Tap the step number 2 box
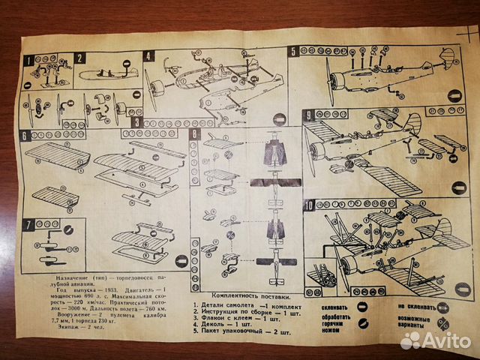[x=80, y=58]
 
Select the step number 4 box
[x=149, y=56]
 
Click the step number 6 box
[x=25, y=136]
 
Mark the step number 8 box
[x=195, y=135]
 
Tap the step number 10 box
[x=309, y=204]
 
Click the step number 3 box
[x=136, y=122]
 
